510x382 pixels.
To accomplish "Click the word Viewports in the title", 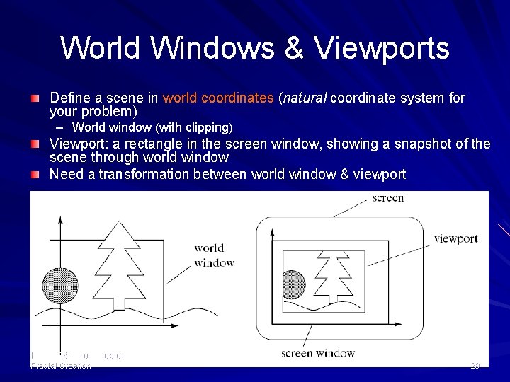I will click(382, 49).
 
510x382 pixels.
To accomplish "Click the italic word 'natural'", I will click(305, 98).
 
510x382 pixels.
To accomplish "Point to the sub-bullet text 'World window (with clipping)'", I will click(152, 127).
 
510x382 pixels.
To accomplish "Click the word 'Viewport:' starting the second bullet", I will click(77, 144).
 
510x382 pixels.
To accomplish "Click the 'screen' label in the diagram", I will click(388, 198).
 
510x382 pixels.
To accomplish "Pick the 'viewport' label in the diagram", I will click(455, 239).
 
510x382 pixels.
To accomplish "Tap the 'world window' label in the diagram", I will click(214, 255).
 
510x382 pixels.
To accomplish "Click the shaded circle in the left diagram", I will click(60, 286).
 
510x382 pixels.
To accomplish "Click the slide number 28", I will click(475, 366).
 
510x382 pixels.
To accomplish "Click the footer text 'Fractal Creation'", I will click(61, 366).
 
